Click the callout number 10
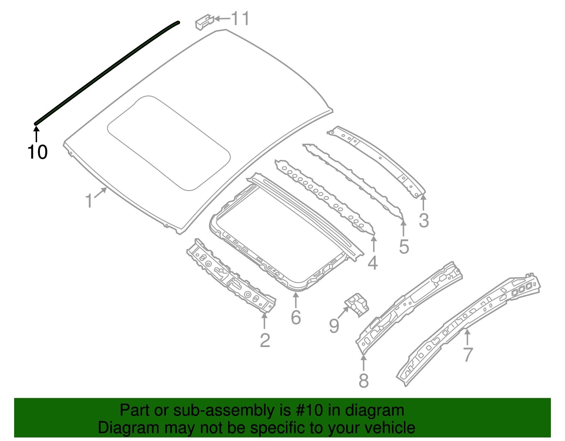click(37, 152)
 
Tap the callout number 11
click(240, 19)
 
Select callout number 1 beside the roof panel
click(89, 201)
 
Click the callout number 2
click(265, 340)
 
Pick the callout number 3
click(424, 220)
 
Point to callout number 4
click(373, 263)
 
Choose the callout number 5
click(404, 246)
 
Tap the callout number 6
click(296, 317)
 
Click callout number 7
click(468, 354)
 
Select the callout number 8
click(363, 381)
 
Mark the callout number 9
click(334, 325)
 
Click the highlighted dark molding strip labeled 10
click(106, 72)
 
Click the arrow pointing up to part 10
click(36, 134)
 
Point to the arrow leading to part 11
click(222, 19)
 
